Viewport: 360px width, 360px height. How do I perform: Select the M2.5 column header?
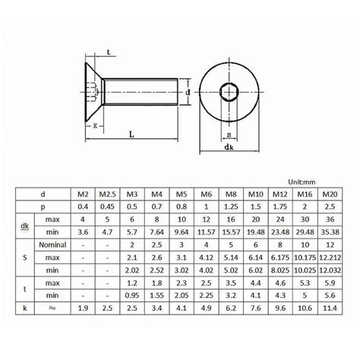[108, 194]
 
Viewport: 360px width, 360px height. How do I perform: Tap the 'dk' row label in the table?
[25, 226]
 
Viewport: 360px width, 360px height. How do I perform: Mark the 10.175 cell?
[305, 270]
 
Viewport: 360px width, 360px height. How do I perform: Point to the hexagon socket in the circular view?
[229, 91]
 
